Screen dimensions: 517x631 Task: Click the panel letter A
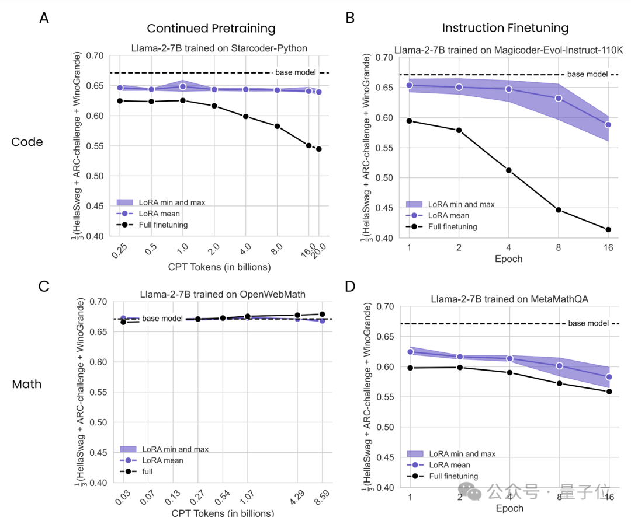point(44,18)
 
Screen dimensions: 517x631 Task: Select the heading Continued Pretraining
point(211,29)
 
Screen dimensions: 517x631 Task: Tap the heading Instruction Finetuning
point(505,28)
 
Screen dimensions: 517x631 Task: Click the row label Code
point(27,142)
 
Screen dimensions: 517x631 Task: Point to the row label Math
point(27,385)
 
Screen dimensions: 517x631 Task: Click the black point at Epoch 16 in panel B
point(608,230)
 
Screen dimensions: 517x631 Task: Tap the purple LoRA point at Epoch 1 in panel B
point(410,85)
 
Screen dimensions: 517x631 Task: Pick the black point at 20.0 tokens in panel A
point(319,149)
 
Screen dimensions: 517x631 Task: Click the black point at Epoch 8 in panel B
point(559,210)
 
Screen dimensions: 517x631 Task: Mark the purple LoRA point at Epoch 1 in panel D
point(410,352)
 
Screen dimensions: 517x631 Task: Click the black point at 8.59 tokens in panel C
point(322,315)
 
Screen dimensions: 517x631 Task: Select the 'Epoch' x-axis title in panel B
point(509,258)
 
